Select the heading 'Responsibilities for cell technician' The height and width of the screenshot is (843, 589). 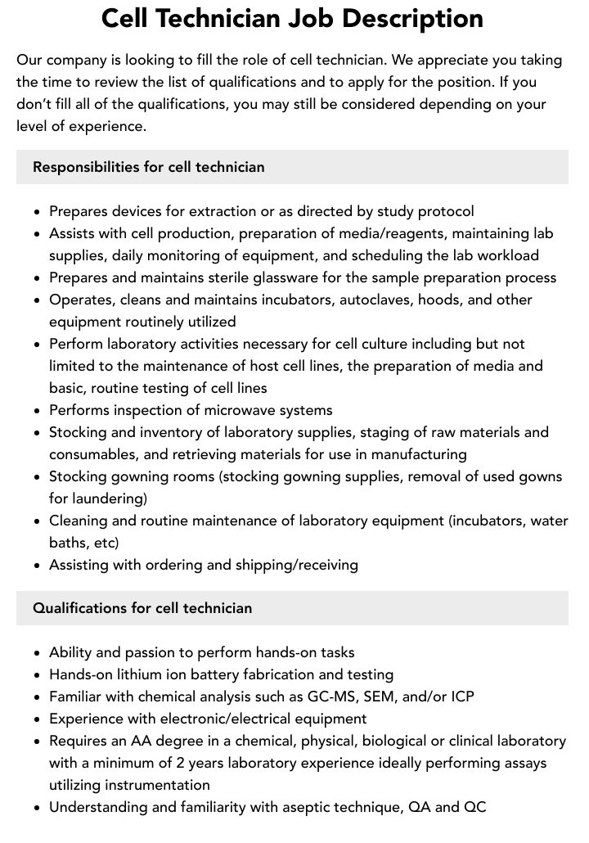[x=148, y=167]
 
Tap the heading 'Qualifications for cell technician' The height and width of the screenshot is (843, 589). [x=142, y=608]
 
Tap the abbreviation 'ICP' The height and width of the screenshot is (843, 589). [x=461, y=696]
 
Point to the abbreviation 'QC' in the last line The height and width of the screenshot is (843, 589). [x=474, y=807]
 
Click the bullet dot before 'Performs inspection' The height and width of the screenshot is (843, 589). [x=38, y=411]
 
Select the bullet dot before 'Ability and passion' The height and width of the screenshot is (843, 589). [x=38, y=653]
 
